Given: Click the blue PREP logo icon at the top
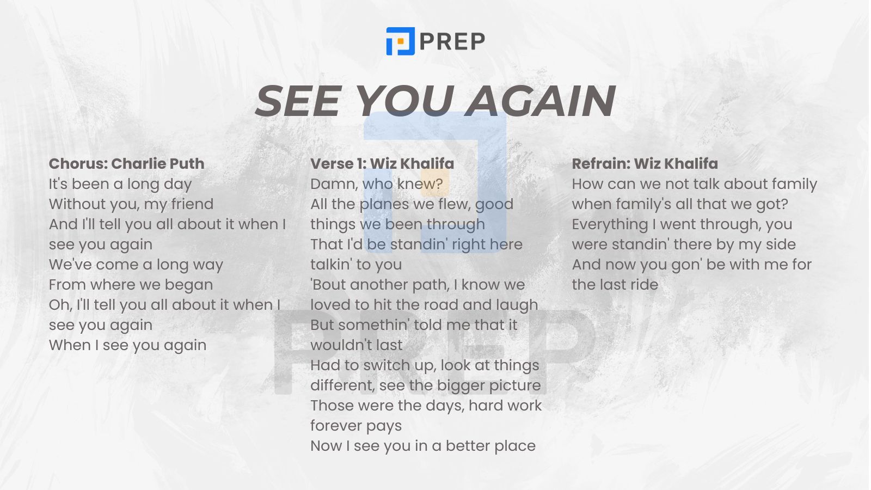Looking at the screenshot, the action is [401, 41].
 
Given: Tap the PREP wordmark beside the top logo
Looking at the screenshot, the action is [452, 41].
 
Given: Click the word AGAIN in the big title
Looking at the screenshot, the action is [541, 101].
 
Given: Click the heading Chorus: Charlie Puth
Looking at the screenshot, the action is [126, 164].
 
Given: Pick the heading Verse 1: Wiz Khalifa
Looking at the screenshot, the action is [382, 164].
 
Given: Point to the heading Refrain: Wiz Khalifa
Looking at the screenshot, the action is [645, 164].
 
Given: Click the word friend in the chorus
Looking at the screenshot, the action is [193, 204].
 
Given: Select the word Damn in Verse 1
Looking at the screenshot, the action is [334, 185].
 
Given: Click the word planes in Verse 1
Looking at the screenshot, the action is [384, 205].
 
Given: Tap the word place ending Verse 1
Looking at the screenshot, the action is [515, 446].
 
